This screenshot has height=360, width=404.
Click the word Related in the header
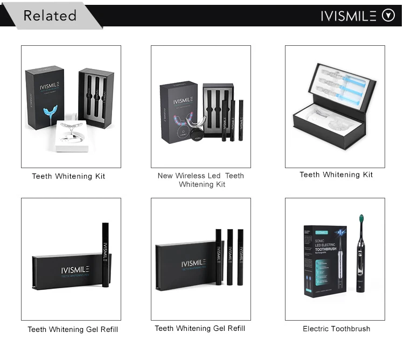[x=50, y=15]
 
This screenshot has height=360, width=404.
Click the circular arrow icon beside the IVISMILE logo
[x=388, y=15]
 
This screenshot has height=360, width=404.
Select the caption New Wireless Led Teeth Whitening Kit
[x=200, y=180]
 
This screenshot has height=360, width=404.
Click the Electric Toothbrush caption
[x=336, y=329]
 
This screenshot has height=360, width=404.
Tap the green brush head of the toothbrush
[x=361, y=221]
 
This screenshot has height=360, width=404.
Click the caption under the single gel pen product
[x=73, y=329]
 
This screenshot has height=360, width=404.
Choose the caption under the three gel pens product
[x=200, y=328]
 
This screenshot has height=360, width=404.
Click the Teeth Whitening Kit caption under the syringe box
[x=336, y=175]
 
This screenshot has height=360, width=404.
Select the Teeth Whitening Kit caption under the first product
[x=68, y=176]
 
